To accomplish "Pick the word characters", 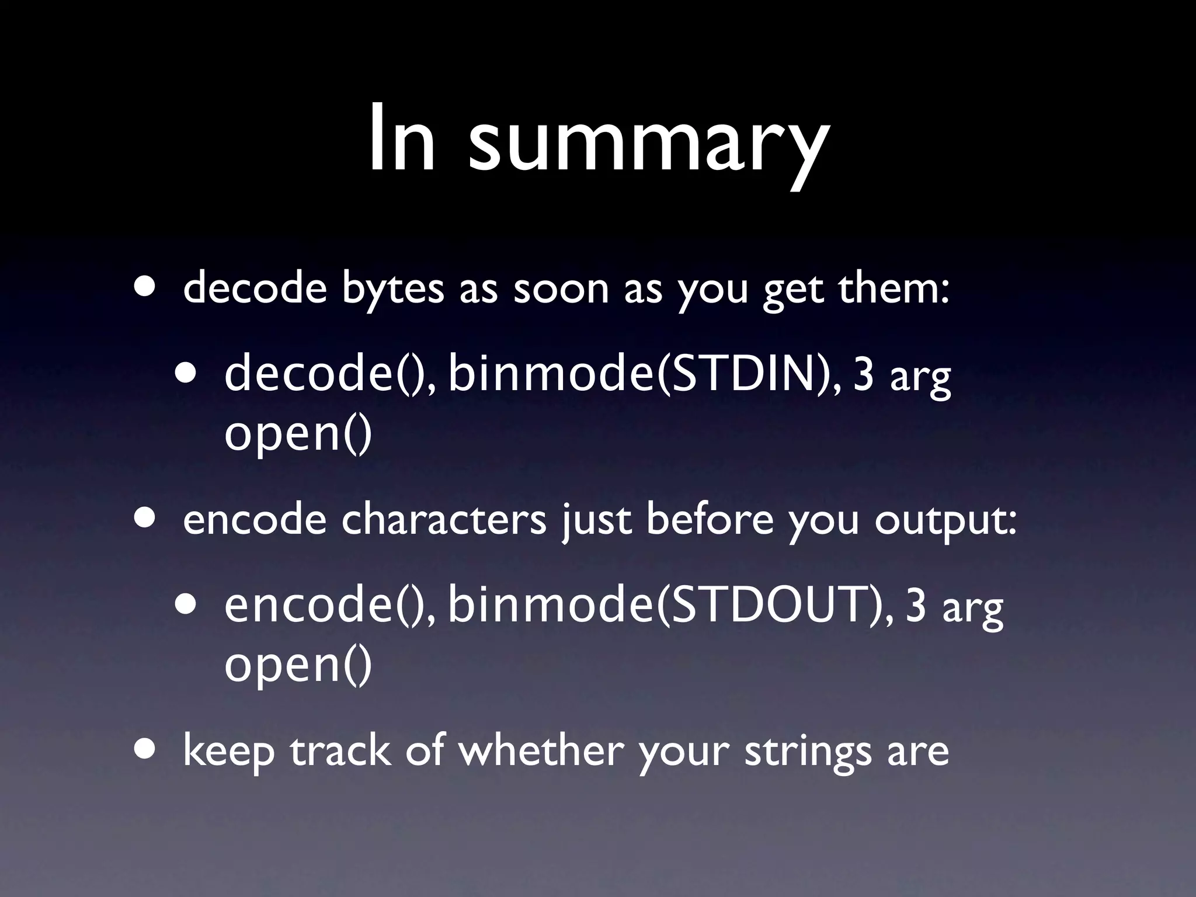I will pos(443,519).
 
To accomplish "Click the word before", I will pos(710,519).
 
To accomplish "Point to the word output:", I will pos(945,519).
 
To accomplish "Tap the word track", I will pos(340,750).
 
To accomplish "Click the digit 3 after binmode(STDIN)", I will pos(864,376).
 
